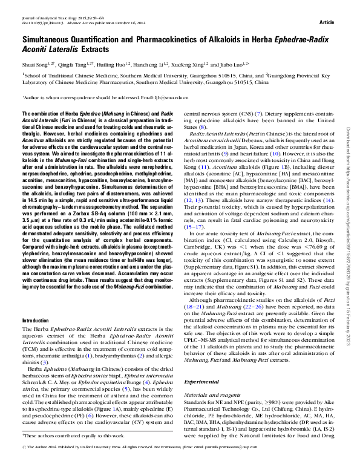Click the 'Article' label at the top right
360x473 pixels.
[x=327, y=22]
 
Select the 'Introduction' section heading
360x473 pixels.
[x=35, y=319]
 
